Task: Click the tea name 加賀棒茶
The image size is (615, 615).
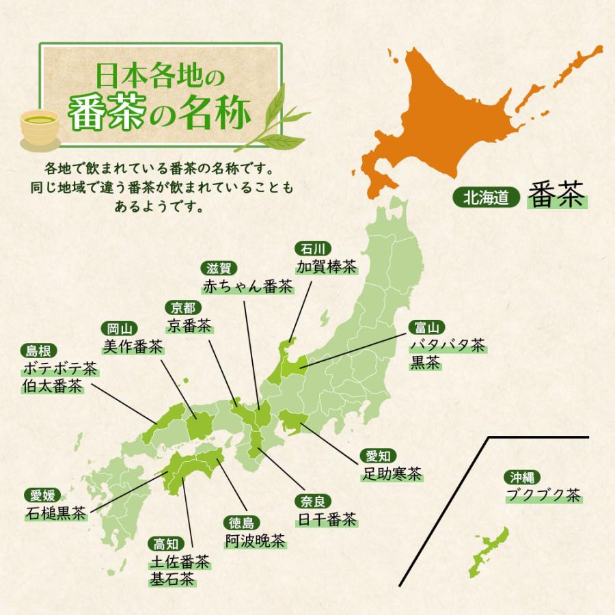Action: (327, 266)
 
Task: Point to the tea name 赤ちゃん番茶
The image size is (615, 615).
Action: (247, 286)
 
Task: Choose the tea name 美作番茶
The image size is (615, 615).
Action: (133, 347)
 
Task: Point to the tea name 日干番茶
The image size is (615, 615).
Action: (327, 520)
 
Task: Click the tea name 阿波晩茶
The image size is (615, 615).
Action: (254, 541)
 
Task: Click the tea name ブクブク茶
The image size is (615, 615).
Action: (543, 495)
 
